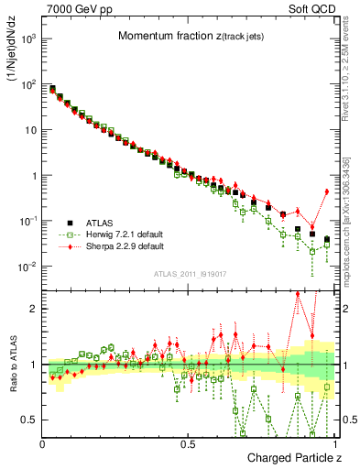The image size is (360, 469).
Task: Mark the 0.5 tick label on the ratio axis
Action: pyautogui.click(x=31, y=420)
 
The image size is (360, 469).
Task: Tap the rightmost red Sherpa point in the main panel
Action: pyautogui.click(x=327, y=191)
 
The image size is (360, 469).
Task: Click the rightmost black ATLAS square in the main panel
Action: pyautogui.click(x=327, y=240)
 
